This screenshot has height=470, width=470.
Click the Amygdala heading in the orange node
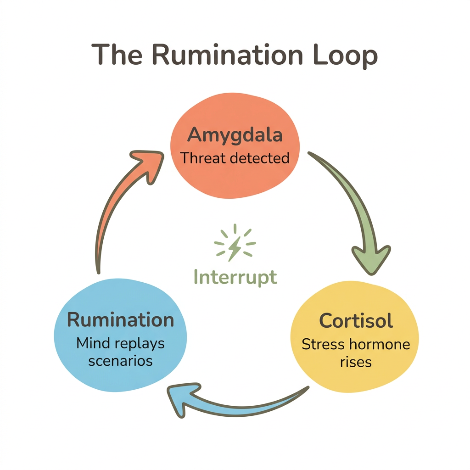[x=235, y=136]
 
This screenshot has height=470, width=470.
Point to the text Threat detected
[x=235, y=158]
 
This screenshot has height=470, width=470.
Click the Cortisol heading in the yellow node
[x=356, y=320]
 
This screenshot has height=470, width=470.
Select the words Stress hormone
[x=356, y=344]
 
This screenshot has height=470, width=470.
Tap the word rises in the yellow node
[x=356, y=362]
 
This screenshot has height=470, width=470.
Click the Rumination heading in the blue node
[x=121, y=319]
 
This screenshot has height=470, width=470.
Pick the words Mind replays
[x=121, y=343]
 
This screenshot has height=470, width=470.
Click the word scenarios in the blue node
[x=120, y=361]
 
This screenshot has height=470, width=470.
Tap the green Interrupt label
[x=235, y=277]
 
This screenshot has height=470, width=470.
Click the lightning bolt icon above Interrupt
[x=235, y=242]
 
